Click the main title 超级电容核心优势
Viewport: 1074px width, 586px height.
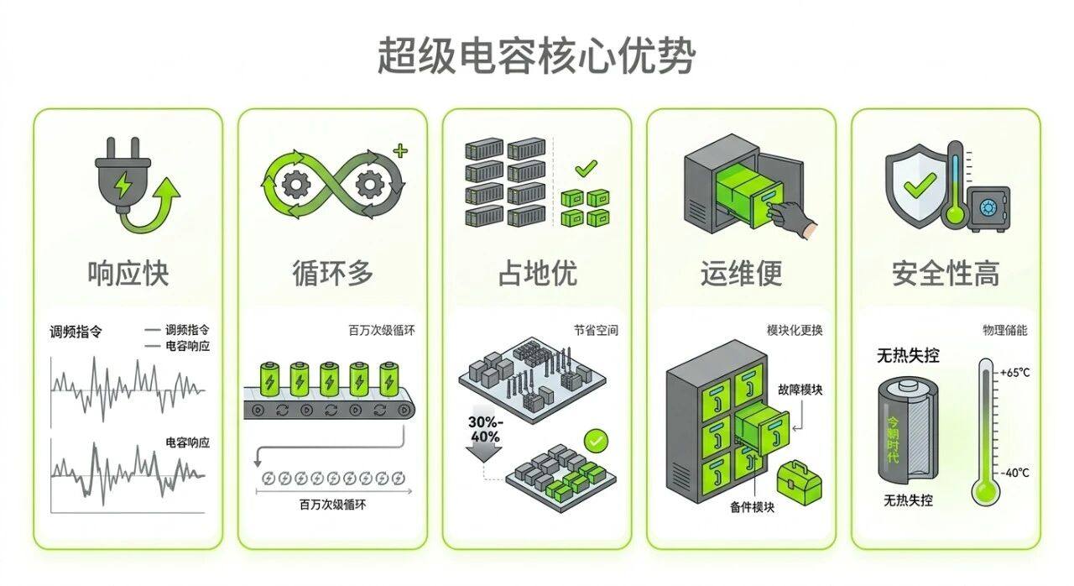[536, 55]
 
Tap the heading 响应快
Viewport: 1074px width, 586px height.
[128, 274]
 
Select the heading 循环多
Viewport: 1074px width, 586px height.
[333, 274]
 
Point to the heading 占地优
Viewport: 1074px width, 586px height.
[538, 274]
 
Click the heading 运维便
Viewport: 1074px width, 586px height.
[741, 274]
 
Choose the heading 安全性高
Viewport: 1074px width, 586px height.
[946, 274]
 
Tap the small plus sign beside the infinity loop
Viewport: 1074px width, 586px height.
[400, 151]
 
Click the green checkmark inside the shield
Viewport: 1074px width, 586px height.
[919, 185]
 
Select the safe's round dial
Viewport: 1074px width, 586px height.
[988, 207]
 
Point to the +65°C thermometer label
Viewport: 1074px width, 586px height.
[1014, 373]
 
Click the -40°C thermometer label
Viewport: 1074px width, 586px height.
[1014, 473]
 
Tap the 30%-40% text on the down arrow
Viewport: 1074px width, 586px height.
[485, 429]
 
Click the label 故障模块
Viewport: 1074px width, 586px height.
[800, 390]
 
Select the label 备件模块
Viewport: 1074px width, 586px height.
[752, 507]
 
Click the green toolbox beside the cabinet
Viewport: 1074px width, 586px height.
[800, 484]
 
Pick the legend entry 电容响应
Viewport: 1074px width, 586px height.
[187, 346]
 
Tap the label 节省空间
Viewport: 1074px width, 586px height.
[596, 331]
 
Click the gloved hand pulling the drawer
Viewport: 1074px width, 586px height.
[791, 220]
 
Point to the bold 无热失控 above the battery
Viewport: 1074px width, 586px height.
[908, 355]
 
